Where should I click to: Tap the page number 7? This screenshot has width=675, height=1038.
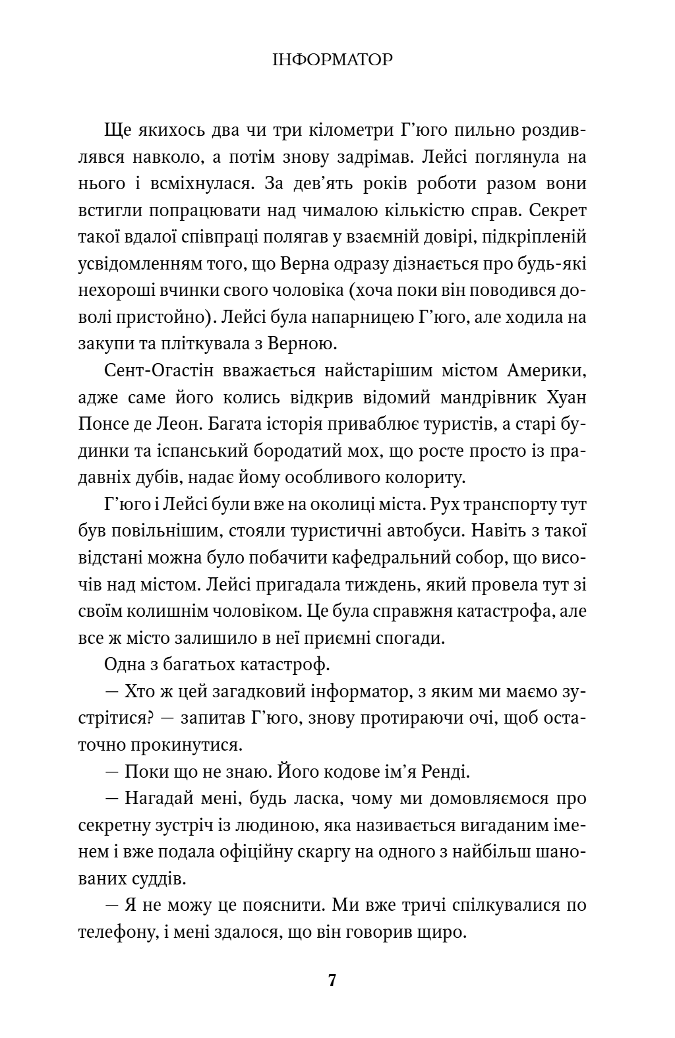[x=332, y=980]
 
